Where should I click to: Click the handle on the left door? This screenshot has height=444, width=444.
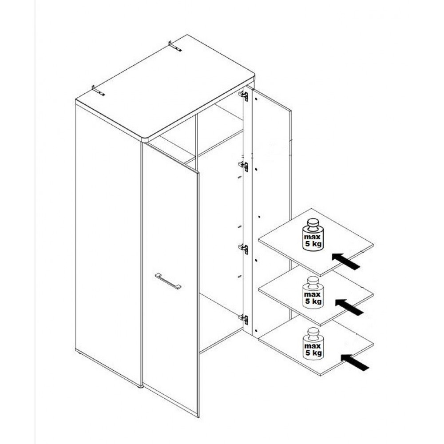click(168, 281)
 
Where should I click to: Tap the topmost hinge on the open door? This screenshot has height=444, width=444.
click(243, 96)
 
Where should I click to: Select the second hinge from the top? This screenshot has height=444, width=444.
click(243, 166)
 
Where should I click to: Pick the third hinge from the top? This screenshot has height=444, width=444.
click(243, 249)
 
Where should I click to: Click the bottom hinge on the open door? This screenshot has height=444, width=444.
click(243, 319)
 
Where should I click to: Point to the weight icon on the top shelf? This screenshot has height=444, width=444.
click(313, 235)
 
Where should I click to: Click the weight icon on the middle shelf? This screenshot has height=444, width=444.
click(313, 293)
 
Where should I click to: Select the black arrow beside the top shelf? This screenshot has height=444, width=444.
click(346, 262)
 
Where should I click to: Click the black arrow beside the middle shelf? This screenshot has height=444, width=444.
click(349, 307)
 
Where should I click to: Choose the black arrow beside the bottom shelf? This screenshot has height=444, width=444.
click(355, 362)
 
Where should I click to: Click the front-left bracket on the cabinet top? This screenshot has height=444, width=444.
click(98, 90)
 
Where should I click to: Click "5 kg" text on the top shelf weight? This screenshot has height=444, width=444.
click(313, 244)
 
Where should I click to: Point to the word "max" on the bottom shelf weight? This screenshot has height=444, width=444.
click(312, 346)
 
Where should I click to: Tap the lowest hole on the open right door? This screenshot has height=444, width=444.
click(255, 330)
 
